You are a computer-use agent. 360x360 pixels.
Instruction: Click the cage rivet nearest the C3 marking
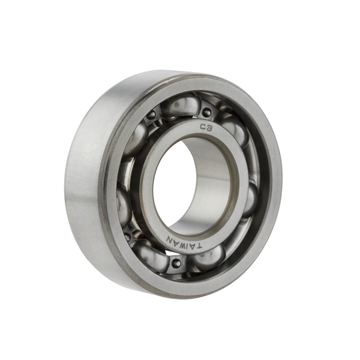(x=207, y=112)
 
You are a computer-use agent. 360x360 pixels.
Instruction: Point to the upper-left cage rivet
(x=151, y=115)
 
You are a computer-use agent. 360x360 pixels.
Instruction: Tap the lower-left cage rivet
(x=127, y=236)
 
